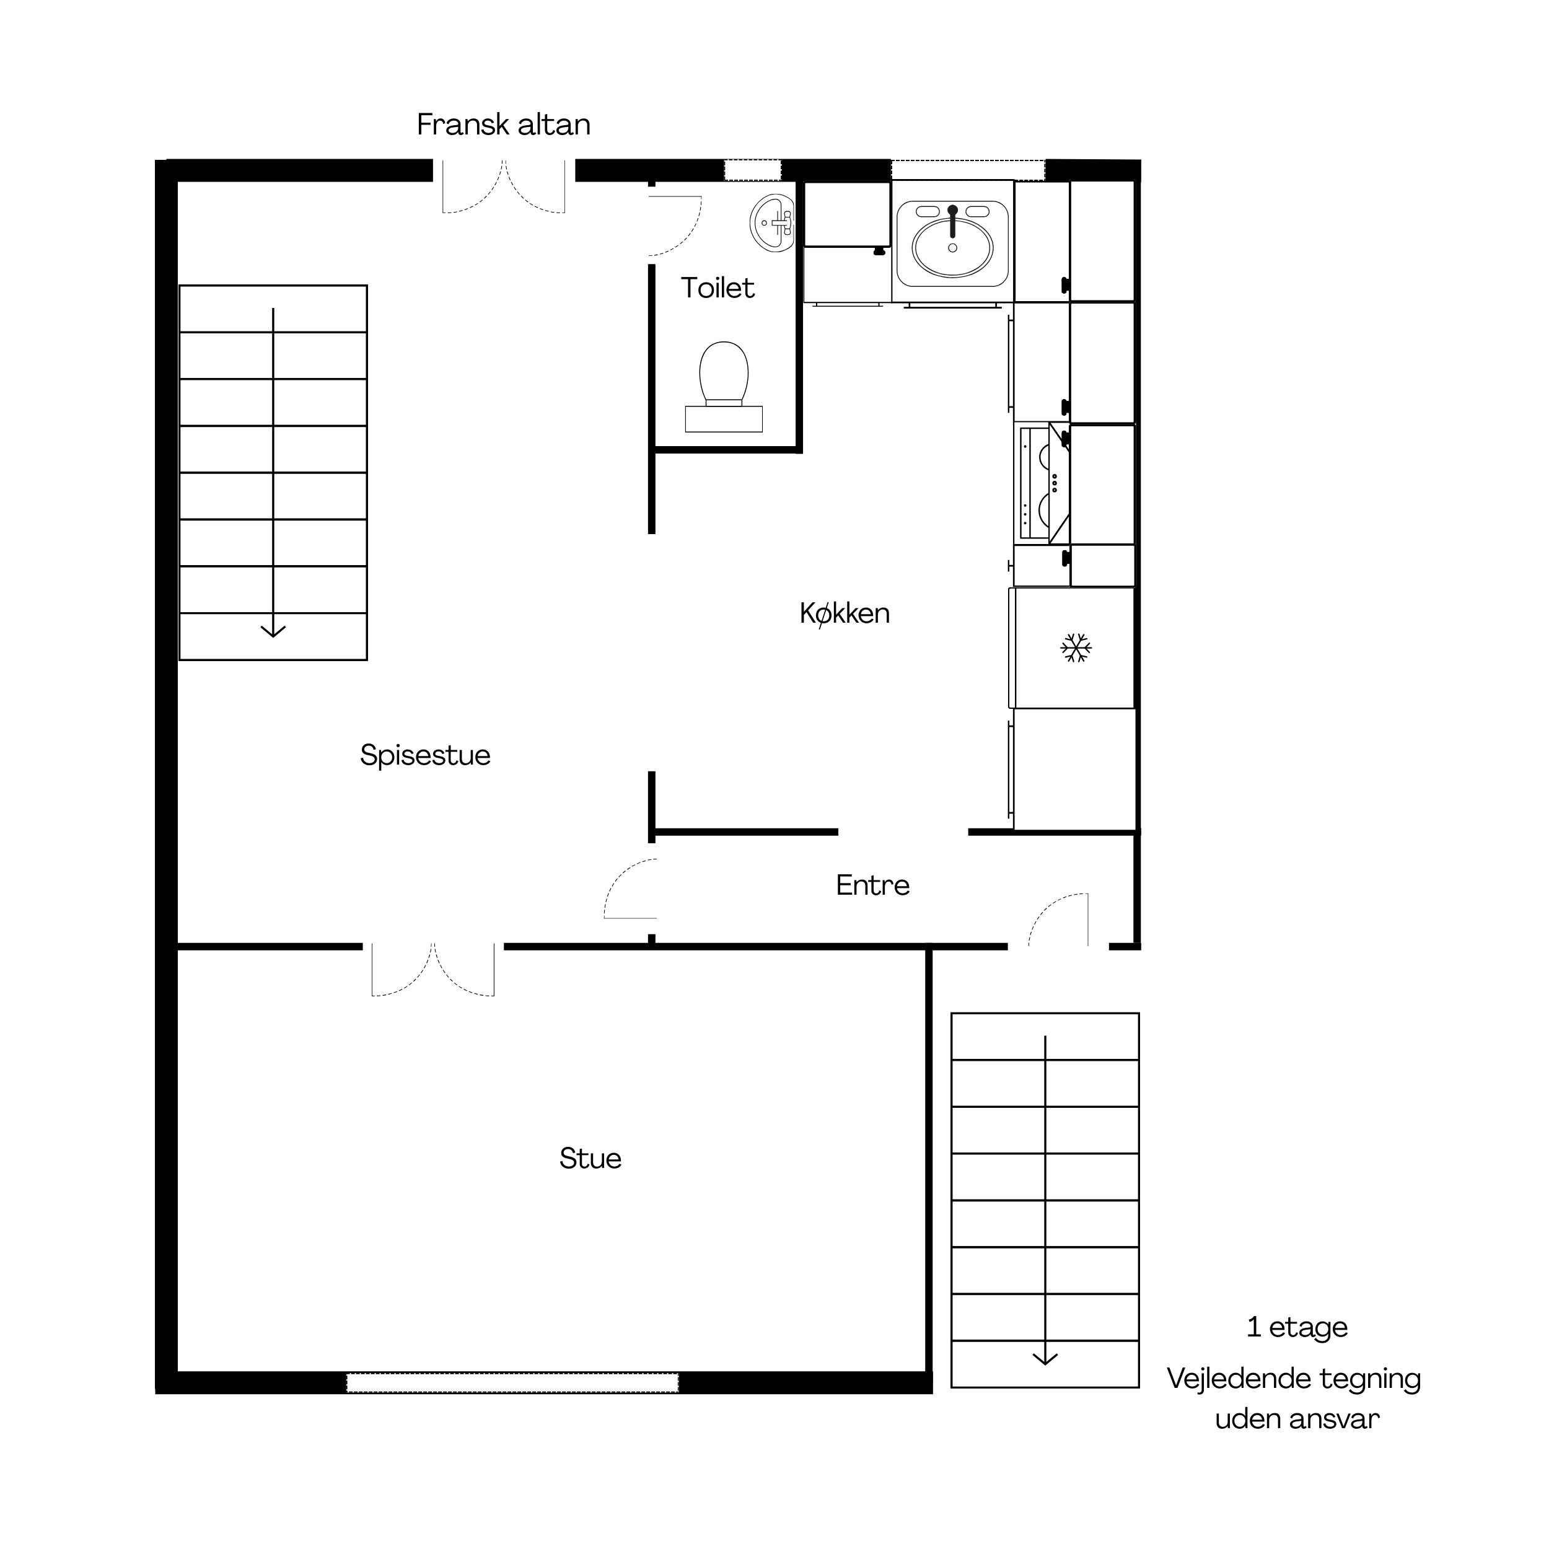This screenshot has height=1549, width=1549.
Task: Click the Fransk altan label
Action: (504, 125)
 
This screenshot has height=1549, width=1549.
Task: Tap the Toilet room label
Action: (717, 288)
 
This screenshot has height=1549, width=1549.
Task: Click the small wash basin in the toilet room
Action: (772, 223)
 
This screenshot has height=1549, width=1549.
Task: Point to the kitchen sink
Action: (952, 244)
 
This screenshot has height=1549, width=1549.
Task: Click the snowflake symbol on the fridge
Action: (1076, 648)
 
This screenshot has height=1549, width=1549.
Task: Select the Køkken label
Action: (845, 613)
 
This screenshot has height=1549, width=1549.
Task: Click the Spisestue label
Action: (425, 755)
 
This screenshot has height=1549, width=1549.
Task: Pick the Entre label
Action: (873, 885)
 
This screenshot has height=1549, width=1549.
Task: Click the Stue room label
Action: (590, 1159)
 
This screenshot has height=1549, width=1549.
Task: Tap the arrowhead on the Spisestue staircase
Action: (273, 631)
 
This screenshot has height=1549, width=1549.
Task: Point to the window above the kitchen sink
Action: (968, 170)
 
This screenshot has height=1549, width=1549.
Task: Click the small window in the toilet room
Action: (753, 170)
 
